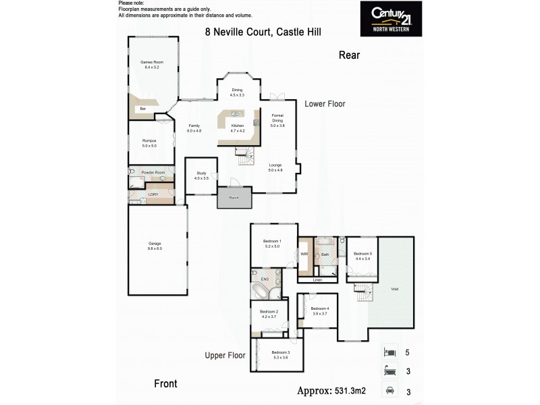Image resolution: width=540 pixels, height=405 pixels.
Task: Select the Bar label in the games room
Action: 142,109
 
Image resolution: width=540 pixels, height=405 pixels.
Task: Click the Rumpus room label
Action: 148,142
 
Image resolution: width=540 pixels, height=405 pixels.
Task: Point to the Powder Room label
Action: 153,173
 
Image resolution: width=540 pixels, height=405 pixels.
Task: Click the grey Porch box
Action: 234,198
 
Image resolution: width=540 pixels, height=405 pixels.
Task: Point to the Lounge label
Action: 275,166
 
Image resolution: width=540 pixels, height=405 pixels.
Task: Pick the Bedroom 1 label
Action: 273,243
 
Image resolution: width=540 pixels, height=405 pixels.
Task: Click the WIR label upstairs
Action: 304,254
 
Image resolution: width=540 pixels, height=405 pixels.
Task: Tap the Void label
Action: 395,289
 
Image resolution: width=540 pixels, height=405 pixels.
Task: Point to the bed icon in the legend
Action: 389,352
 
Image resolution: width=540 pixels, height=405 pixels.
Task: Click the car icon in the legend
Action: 389,389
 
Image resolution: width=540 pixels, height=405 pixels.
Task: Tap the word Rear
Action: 349,56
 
